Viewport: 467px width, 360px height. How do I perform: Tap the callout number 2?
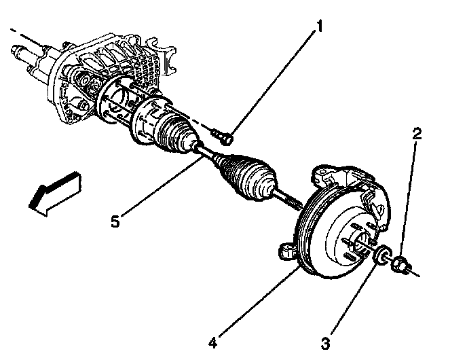[x=417, y=133]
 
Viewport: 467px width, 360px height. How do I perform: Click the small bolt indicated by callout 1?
[x=223, y=137]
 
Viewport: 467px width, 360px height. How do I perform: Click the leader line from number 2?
[x=411, y=197]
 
